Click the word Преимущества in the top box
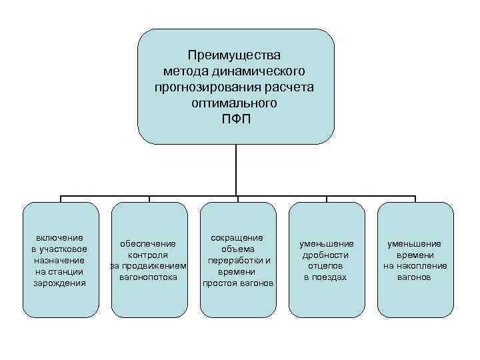point(235,55)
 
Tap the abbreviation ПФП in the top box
point(235,120)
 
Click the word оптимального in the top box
point(235,103)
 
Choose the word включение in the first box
point(60,237)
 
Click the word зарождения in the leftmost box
point(60,283)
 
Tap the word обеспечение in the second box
point(148,243)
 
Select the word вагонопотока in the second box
point(148,277)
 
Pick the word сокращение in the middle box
point(237,237)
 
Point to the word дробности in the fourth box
point(325,255)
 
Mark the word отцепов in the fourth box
point(325,266)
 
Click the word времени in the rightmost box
point(415,255)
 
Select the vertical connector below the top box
point(235,170)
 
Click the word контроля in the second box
point(148,255)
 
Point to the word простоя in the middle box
point(221,283)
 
